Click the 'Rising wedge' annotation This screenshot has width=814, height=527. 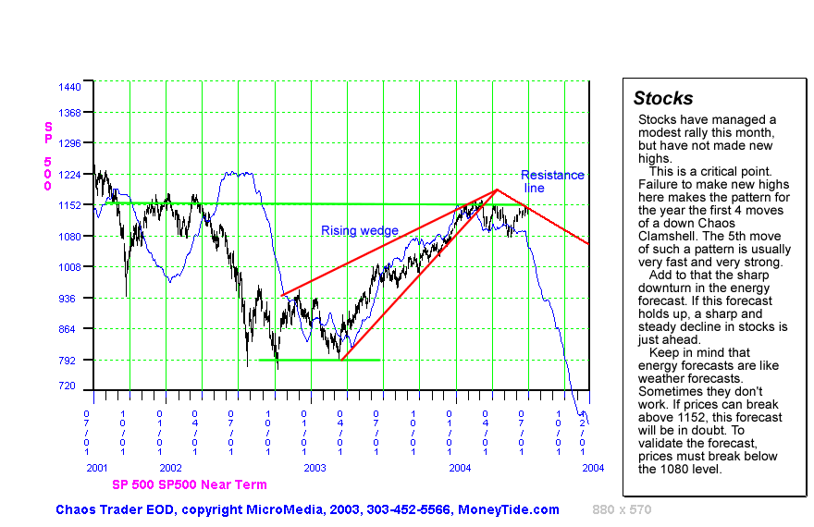pos(360,230)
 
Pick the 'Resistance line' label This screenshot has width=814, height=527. pos(551,181)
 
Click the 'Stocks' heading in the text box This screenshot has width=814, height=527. pos(663,99)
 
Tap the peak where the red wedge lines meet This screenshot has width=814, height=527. pos(498,190)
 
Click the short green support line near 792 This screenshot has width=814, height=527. pos(319,360)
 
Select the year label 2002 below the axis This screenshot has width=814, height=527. pos(171,469)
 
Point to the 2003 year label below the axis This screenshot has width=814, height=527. pos(315,469)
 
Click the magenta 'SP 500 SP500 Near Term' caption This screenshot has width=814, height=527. pos(190,484)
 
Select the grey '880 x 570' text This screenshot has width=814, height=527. pos(623,509)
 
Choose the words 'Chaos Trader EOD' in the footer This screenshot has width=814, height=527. pos(110,509)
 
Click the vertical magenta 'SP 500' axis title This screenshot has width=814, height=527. pos(47,155)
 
